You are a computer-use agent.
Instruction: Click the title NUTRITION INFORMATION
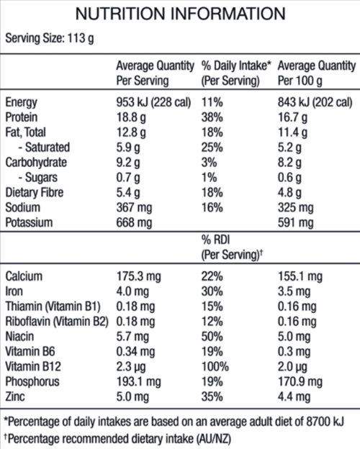180,14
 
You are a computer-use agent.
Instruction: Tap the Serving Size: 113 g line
50,39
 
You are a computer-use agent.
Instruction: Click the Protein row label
23,117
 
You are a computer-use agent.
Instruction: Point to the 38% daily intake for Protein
212,117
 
